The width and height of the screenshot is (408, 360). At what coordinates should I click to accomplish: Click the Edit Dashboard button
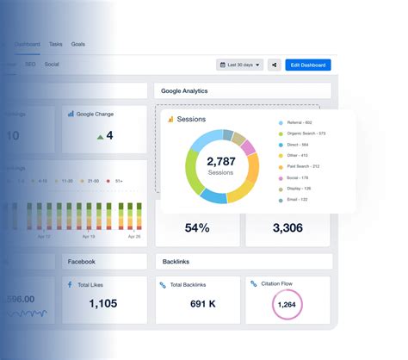308,65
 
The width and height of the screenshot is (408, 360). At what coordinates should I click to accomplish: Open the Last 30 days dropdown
239,65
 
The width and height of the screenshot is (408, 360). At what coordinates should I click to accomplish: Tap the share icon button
275,65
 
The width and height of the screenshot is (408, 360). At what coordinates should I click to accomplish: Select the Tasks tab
56,43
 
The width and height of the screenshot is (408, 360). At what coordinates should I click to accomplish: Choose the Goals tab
78,43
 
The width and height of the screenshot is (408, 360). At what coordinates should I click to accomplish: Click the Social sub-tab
52,64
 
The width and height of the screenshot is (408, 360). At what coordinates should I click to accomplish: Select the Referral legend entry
299,122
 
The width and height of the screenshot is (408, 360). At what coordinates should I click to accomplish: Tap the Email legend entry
296,199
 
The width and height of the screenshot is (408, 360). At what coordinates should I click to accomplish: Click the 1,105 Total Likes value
103,302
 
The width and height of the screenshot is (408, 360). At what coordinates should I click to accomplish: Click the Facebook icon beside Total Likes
70,282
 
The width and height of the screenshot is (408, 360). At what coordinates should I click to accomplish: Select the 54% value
197,228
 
